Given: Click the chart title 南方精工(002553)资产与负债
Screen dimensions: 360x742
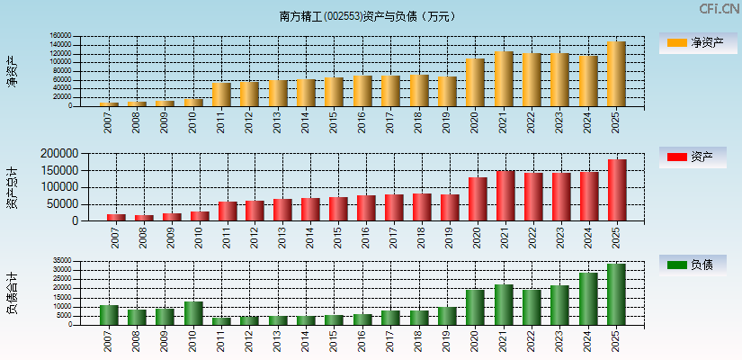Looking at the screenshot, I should click(368, 15).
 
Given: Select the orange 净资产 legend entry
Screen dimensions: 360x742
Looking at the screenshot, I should click(698, 43).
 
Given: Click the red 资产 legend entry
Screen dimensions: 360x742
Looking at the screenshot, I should click(698, 157).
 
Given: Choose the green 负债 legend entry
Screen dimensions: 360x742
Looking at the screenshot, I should click(698, 265).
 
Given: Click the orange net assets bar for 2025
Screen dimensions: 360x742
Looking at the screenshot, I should click(616, 74).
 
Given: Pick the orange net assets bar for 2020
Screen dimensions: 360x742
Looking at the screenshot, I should click(475, 83).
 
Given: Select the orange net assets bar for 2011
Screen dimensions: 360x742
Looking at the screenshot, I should click(221, 94).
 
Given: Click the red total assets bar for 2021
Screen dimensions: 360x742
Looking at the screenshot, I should click(505, 195).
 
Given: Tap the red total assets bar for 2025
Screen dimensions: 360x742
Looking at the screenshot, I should click(617, 190).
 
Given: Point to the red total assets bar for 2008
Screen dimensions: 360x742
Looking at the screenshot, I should click(144, 217).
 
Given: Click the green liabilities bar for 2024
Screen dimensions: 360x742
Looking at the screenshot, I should click(588, 299).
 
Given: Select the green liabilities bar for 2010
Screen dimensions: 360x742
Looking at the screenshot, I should click(193, 312).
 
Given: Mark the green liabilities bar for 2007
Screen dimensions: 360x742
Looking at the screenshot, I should click(109, 314).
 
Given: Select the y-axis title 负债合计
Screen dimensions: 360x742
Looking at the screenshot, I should click(12, 292).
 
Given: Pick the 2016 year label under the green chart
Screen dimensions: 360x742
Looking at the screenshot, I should click(362, 341).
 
